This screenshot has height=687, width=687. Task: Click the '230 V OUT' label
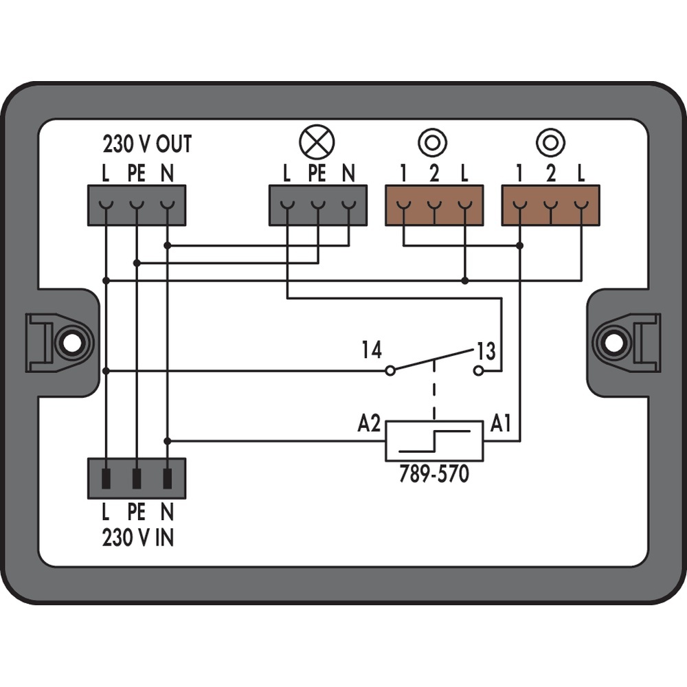coord(147,144)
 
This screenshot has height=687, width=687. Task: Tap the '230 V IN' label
coord(137,537)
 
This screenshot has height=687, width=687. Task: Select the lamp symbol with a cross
coord(317,142)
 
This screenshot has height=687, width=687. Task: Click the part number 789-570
coord(434,474)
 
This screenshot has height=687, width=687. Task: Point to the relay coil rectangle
coord(434,441)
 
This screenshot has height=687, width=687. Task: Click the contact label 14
coord(372,351)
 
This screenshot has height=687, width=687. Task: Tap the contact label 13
coord(485,352)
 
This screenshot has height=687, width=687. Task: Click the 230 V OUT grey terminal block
coord(137,205)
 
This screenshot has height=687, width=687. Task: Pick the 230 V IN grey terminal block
coord(137,478)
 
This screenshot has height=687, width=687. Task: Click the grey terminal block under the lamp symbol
coord(317,205)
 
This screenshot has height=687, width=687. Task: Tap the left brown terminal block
coord(434,205)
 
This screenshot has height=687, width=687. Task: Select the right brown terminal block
coord(550,205)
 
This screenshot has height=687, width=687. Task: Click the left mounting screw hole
coord(70,341)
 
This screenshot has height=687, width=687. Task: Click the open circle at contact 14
coord(390,371)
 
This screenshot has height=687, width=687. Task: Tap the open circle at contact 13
coord(479,371)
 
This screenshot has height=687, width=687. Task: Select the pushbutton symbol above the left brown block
coord(433,142)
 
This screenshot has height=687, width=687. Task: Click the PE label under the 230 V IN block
coord(137,512)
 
